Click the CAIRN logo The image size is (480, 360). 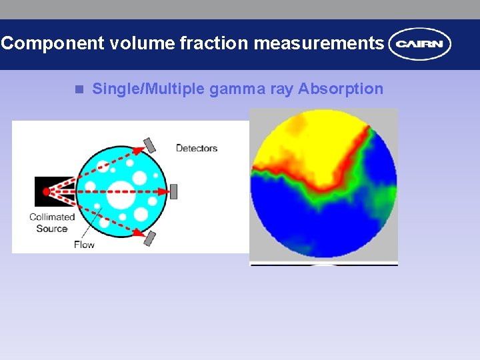[x=420, y=44]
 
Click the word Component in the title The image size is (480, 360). [x=53, y=44]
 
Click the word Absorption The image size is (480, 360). [x=341, y=89]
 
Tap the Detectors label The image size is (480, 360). [x=196, y=148]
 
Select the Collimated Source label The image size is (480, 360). [x=52, y=223]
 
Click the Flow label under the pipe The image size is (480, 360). [x=84, y=244]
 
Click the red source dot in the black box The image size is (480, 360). [x=46, y=191]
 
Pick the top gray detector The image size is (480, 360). [x=149, y=145]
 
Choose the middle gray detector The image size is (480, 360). [x=174, y=191]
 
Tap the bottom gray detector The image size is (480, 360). [x=150, y=238]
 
